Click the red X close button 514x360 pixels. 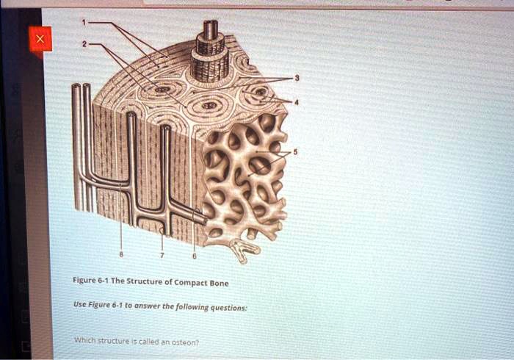point(40,39)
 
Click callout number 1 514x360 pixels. point(84,22)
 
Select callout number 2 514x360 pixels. point(84,43)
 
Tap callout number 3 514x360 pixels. point(297,78)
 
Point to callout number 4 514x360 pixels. point(297,102)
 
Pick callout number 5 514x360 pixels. point(295,152)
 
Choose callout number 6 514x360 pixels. point(195,256)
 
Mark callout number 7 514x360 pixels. point(162,256)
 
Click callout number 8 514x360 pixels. point(121,255)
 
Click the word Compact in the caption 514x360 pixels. point(191,282)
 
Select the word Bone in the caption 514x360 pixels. point(219,283)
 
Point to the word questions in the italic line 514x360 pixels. point(228,308)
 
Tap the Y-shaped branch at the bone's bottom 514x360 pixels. point(245,250)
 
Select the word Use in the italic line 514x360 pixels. point(79,304)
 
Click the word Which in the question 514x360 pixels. point(85,339)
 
